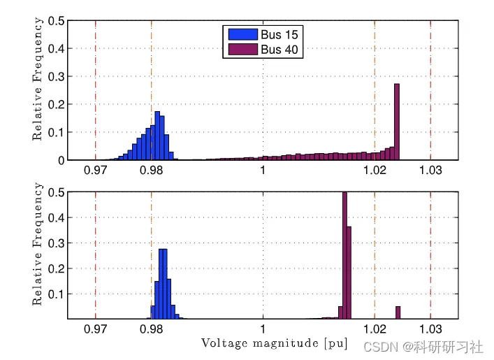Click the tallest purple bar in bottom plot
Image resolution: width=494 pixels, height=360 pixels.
[344, 255]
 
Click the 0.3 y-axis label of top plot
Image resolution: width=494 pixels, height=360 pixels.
[57, 77]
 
